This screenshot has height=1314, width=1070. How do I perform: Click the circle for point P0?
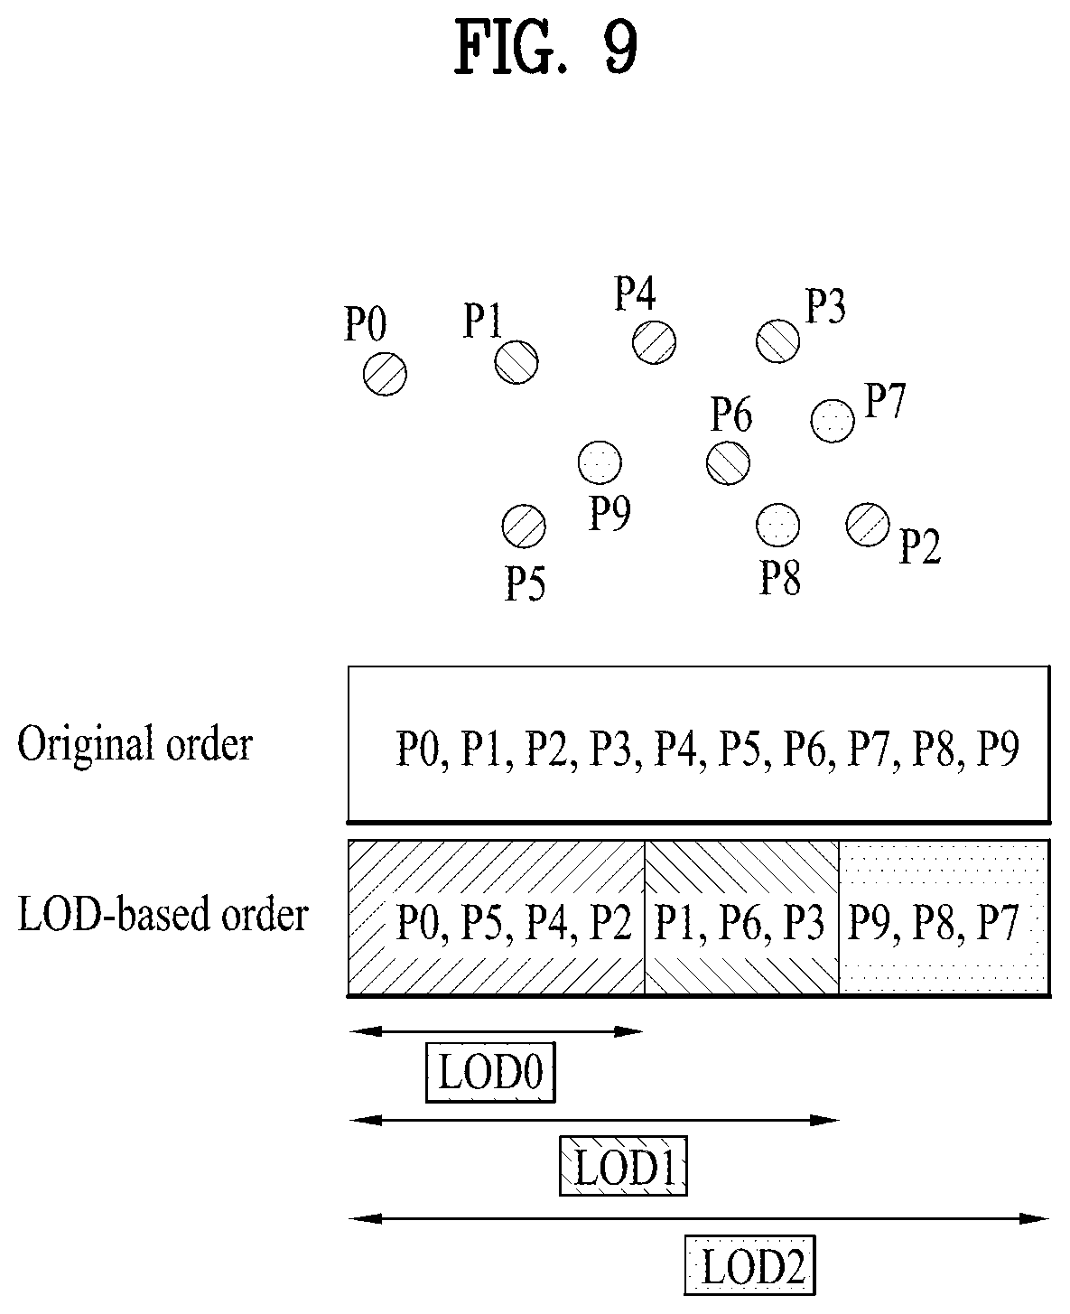385,374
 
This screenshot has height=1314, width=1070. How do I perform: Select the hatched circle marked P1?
516,362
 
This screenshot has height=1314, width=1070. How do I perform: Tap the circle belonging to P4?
655,342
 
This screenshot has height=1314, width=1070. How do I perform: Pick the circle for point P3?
778,341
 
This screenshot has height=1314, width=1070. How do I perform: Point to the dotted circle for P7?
833,421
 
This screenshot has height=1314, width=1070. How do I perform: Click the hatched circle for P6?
729,462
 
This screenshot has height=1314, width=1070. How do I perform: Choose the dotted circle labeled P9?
600,462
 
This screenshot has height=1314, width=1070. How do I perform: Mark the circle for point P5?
525,527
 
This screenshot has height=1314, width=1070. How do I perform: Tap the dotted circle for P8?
778,525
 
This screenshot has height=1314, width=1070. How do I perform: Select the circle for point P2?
868,525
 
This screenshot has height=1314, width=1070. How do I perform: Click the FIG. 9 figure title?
546,46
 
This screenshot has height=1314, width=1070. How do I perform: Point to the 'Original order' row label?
135,744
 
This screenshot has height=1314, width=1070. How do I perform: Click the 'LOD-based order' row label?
163,914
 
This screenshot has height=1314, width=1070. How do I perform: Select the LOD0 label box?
491,1072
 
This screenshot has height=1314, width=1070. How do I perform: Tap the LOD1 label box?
624,1166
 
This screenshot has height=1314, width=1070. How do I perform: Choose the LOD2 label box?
750,1264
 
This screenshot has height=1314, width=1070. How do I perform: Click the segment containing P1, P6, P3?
742,918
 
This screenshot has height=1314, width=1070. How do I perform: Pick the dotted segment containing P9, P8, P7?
944,918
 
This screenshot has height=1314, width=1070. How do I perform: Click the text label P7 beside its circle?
886,401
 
